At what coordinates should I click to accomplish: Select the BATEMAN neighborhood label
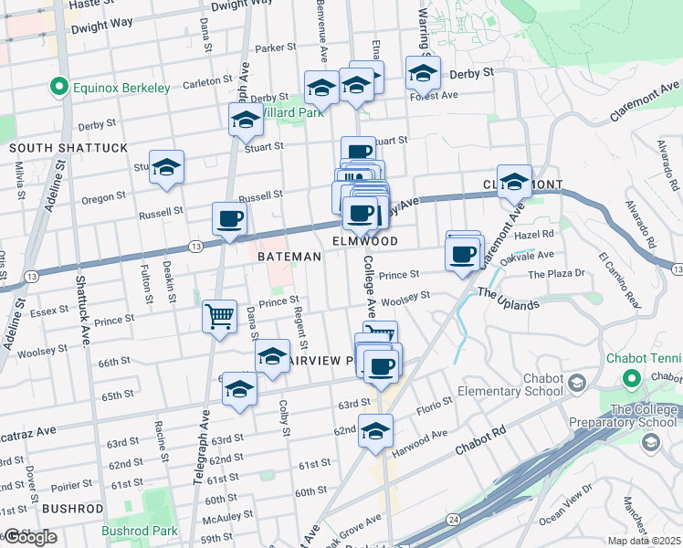pos(289,258)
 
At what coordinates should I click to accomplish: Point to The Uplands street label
pos(508,299)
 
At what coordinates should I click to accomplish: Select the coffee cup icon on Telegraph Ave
pos(229,218)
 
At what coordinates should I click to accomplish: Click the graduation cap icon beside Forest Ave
pos(423,72)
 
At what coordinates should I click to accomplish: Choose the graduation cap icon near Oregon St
pos(167,167)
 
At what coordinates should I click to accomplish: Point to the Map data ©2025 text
pos(645,541)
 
